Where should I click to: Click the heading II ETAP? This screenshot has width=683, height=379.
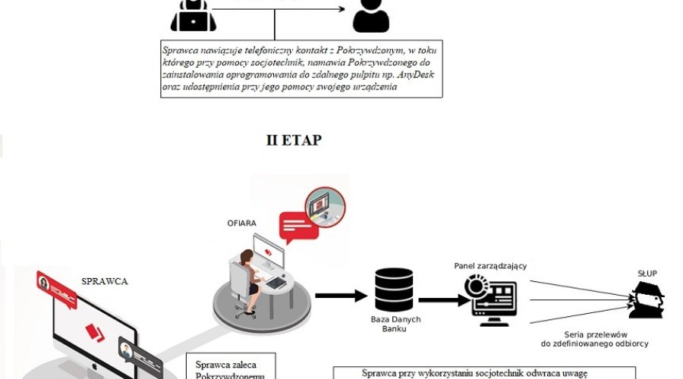(293, 141)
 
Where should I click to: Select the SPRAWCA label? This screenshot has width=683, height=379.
(105, 281)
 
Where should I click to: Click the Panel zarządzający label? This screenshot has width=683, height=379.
(490, 265)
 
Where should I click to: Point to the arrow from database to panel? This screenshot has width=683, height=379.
(443, 299)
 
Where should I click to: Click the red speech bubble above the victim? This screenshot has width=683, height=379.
(299, 225)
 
